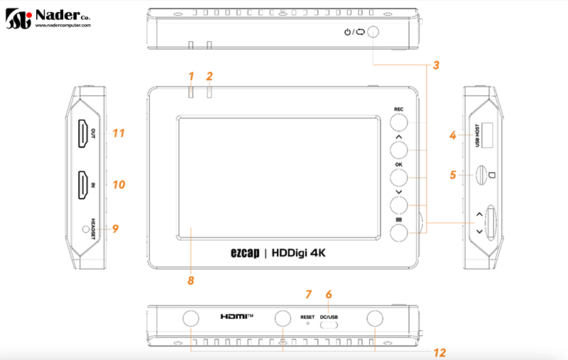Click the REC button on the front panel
pos(398,122)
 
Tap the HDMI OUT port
pos(84,133)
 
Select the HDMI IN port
pos(84,185)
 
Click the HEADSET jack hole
pos(86,229)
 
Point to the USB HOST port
pos(487,135)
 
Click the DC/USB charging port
pos(329,325)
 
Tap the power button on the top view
pos(373,32)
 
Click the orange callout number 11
pos(119,133)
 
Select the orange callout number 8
pos(191,280)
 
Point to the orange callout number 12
pos(439,353)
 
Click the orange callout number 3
pos(436,65)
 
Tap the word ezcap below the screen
pos(245,253)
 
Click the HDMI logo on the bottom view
pos(237,317)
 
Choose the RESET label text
pos(307,317)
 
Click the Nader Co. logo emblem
pos(18,18)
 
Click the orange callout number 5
pos(453,175)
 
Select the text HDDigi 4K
pos(298,253)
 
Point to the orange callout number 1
pos(191,77)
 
